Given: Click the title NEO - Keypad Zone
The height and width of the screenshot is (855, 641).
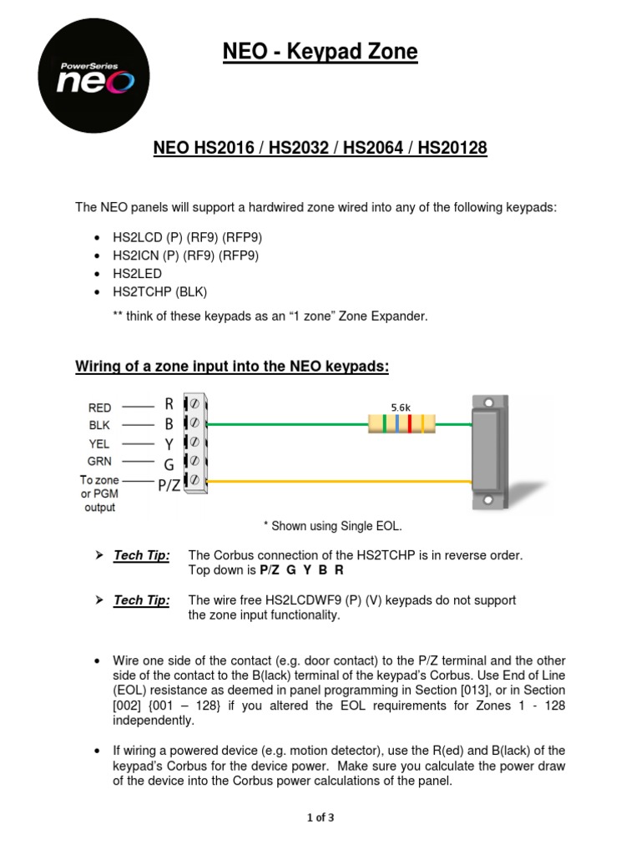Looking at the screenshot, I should pos(320,52).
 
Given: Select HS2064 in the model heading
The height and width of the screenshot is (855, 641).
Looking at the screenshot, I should pos(381,149).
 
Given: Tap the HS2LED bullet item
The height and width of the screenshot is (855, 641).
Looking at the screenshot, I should pos(137,273).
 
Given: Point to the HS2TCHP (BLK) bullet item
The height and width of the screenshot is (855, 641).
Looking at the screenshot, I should pos(159,291).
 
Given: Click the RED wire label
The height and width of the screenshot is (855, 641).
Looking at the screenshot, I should pos(99,407).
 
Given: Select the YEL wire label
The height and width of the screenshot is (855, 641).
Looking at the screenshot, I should pos(99,443).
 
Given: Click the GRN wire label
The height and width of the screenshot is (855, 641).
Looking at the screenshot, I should pos(99,461).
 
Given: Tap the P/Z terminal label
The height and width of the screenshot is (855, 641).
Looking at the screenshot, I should pos(169,484).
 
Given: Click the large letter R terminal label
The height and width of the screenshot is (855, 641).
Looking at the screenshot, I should pos(169,404).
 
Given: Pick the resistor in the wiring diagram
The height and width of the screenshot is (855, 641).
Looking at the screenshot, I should pos(401,424).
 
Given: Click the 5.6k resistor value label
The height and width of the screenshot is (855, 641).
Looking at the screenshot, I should pos(401,407).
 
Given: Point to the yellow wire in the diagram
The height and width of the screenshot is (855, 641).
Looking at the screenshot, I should pos(334,482).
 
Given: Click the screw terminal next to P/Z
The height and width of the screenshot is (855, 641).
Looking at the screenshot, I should pos(194,480).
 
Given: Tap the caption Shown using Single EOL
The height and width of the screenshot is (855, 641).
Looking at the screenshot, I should pos(332,525).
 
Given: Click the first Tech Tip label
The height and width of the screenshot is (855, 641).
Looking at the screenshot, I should pos(141,555).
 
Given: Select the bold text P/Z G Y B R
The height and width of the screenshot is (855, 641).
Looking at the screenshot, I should pos(301,570).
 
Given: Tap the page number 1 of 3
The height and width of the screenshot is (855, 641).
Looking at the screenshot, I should pos(320,817).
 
